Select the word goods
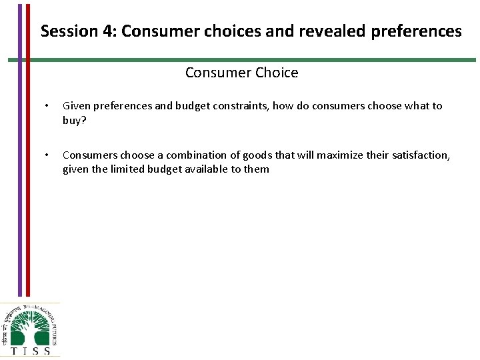point(257,155)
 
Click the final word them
point(257,169)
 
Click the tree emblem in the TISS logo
point(29,325)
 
